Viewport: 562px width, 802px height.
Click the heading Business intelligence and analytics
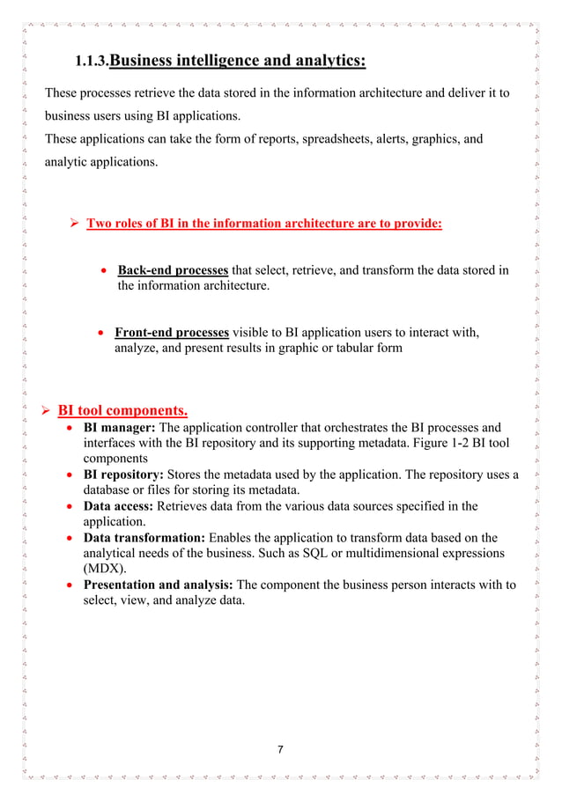[237, 61]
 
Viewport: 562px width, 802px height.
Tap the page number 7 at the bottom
[280, 750]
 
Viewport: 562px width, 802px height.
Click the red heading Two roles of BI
[263, 224]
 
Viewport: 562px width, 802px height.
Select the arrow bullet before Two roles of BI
[76, 224]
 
